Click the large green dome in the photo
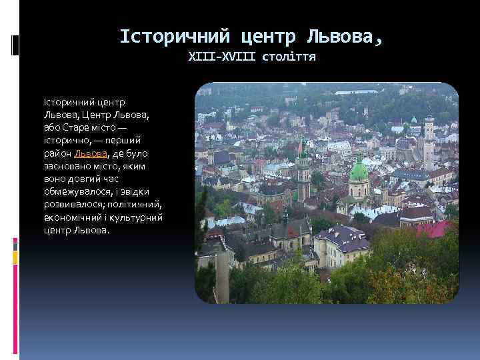point(359,172)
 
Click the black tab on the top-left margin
point(16,45)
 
